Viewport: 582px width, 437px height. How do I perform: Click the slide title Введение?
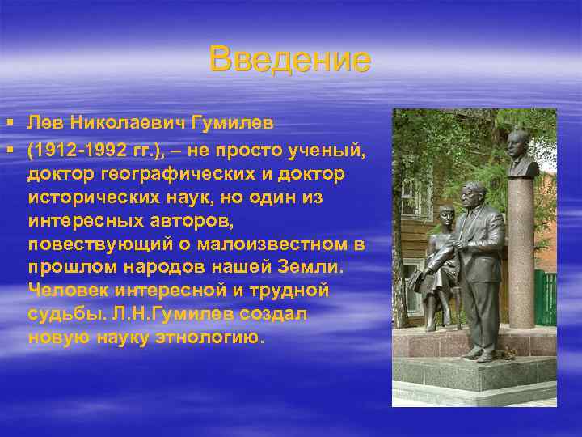(289, 60)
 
